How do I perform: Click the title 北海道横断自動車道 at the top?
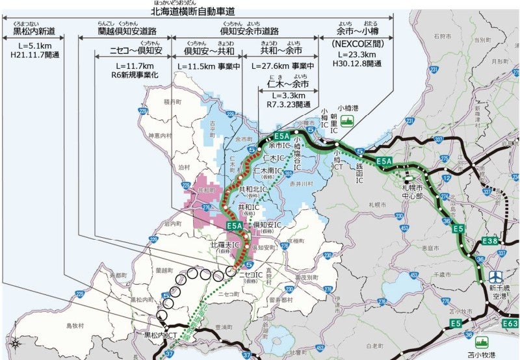coord(193,12)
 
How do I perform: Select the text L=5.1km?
coord(30,46)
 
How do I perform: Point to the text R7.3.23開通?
coord(288,103)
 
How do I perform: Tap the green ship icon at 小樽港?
coord(347,120)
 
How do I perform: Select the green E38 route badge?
coord(491,242)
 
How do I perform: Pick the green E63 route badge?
coord(510,323)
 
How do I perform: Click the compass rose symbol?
coord(14,342)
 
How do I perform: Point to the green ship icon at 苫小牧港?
coord(482,341)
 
